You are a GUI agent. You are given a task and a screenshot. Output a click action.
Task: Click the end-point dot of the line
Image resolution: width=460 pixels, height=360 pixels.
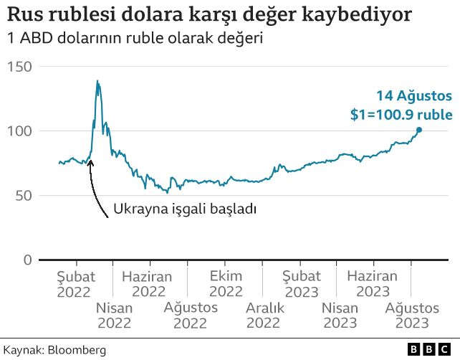coord(419,130)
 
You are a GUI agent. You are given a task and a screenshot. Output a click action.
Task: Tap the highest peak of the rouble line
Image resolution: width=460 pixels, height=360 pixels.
coord(97,81)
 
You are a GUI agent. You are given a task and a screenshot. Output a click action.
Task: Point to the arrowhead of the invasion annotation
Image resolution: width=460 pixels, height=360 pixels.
coord(90,161)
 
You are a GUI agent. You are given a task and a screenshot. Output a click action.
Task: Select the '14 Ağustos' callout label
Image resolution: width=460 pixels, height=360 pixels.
coord(414,95)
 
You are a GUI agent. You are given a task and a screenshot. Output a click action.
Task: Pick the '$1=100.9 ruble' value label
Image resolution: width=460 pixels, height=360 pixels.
coord(401,114)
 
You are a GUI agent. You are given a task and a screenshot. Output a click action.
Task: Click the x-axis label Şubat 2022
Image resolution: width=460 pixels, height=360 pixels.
coord(74,284)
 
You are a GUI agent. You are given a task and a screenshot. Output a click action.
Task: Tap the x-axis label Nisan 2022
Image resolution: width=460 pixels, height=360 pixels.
coord(115,316)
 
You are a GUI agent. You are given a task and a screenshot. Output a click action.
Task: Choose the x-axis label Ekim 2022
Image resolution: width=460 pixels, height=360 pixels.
coord(226,284)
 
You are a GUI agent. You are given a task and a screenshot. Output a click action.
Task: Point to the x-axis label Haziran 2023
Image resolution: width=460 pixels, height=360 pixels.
coord(372,284)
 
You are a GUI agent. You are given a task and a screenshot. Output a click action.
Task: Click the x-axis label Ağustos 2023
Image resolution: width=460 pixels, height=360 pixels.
coord(412,316)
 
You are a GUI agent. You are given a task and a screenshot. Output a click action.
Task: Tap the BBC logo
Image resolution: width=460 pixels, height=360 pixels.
coord(430,349)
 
